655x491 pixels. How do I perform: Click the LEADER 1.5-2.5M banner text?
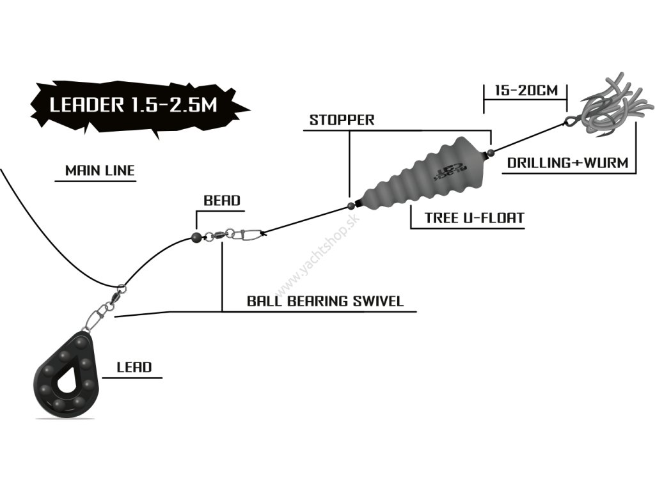pyautogui.click(x=133, y=105)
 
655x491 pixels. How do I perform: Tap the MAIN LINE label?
pyautogui.click(x=100, y=170)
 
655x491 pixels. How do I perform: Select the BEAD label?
pyautogui.click(x=222, y=200)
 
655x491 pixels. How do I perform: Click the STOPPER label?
pyautogui.click(x=342, y=120)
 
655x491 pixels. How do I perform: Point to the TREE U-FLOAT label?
pyautogui.click(x=474, y=217)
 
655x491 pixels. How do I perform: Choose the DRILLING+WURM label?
pyautogui.click(x=568, y=162)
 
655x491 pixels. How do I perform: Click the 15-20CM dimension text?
pyautogui.click(x=526, y=90)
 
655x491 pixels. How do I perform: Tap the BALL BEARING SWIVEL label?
pyautogui.click(x=325, y=301)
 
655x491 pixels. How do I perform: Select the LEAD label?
pyautogui.click(x=134, y=367)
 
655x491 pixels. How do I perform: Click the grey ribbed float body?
pyautogui.click(x=422, y=172)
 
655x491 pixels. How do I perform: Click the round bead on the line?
pyautogui.click(x=196, y=238)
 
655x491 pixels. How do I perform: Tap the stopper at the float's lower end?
pyautogui.click(x=351, y=205)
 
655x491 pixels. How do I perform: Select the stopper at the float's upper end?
pyautogui.click(x=491, y=152)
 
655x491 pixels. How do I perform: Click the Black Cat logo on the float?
pyautogui.click(x=451, y=170)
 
